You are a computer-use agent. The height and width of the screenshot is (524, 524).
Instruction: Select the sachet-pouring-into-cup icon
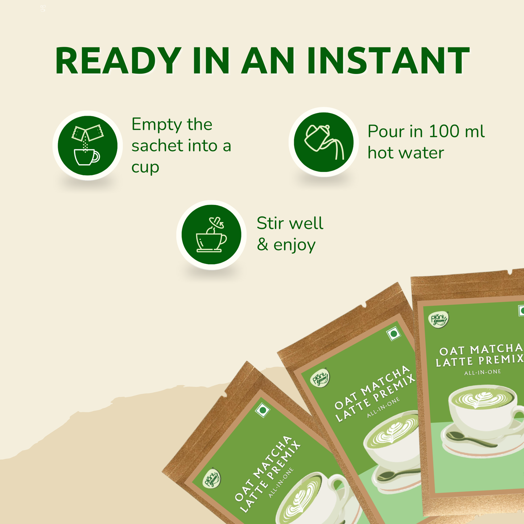(x=87, y=146)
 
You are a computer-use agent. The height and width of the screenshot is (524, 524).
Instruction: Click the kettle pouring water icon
(x=323, y=142)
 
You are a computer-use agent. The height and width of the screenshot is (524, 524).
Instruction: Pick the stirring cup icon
(x=211, y=235)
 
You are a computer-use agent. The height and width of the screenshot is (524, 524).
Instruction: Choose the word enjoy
(x=294, y=246)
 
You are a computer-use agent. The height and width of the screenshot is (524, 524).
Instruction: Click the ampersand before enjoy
(x=263, y=245)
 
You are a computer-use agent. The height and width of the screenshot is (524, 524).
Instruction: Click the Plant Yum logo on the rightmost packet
(x=439, y=319)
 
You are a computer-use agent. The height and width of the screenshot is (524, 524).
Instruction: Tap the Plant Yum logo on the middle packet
(x=321, y=378)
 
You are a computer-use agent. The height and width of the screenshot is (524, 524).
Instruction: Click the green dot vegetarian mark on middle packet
(x=393, y=334)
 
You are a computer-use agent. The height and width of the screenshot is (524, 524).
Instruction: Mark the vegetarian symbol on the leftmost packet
(x=263, y=410)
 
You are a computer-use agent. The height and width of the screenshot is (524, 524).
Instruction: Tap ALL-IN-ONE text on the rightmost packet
(x=482, y=372)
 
